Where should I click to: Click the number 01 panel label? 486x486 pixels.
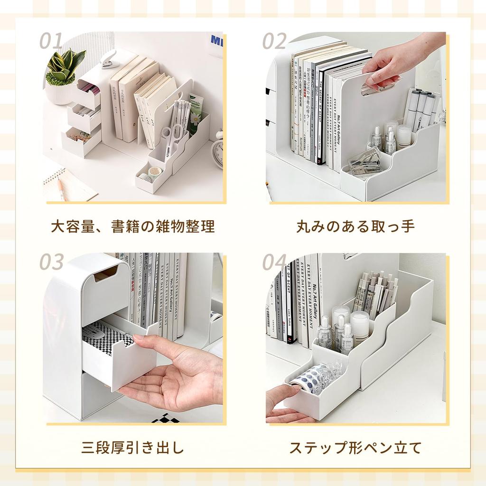[x=51, y=41]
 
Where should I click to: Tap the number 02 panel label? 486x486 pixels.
[x=274, y=41]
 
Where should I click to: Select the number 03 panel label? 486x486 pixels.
[x=51, y=262]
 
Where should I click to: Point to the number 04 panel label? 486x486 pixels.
[x=275, y=262]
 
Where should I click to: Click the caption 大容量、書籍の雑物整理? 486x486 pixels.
[x=133, y=226]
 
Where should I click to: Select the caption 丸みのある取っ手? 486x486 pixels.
[x=355, y=226]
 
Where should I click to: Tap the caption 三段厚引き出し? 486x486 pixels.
[x=132, y=448]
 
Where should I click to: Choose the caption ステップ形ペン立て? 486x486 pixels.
[x=355, y=448]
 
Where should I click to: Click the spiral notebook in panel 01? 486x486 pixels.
[x=66, y=185]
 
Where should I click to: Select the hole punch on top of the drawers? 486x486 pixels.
[x=109, y=59]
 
